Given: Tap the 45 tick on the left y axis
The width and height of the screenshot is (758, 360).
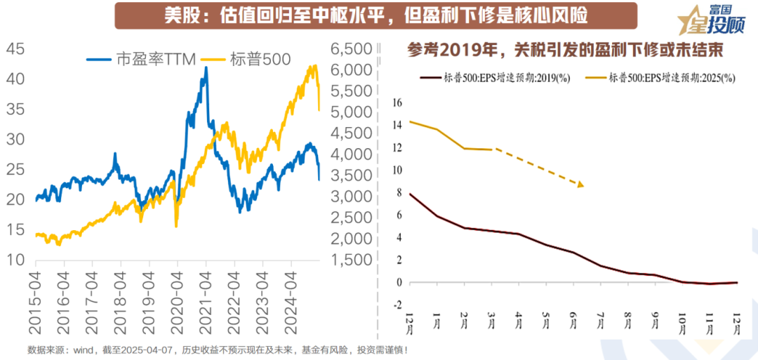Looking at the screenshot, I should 16,48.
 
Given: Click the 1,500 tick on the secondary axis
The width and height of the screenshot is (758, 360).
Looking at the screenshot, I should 350,260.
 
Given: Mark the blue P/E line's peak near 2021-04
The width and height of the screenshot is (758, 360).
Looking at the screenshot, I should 206,68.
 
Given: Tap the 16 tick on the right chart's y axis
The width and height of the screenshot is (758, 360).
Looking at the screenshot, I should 397,102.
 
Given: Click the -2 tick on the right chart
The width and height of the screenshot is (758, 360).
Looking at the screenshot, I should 397,305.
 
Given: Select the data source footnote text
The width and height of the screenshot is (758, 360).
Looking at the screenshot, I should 218,349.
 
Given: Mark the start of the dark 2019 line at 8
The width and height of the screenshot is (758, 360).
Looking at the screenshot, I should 410,194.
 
